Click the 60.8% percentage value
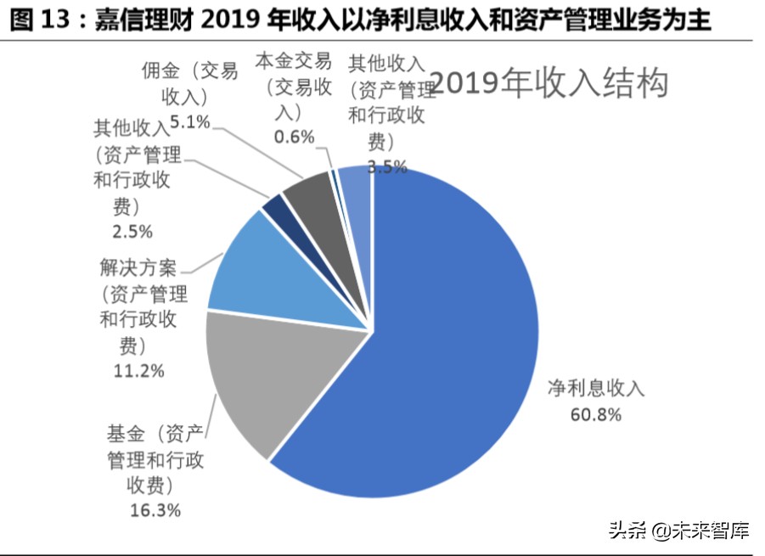pos(595,415)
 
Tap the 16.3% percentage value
pos(155,510)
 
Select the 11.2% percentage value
pos(138,371)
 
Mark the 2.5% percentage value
pos(132,231)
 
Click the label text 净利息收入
pos(595,390)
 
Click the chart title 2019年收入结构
pos(550,83)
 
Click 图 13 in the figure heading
pos(40,19)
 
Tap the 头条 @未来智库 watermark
pos(678,531)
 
